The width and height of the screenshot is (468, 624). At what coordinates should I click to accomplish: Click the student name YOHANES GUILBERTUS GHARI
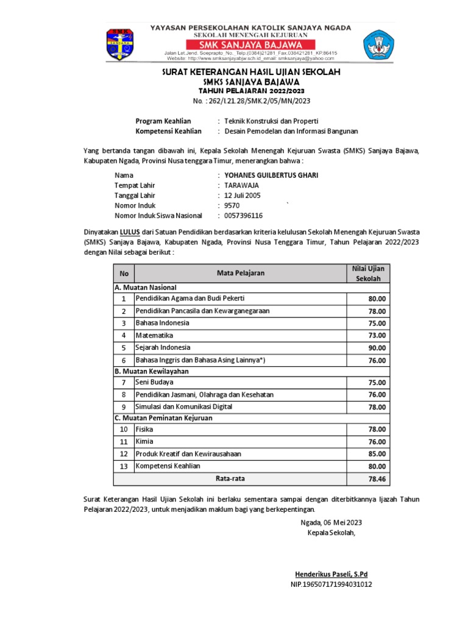point(271,175)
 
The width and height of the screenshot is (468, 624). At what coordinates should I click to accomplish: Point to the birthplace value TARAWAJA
point(242,185)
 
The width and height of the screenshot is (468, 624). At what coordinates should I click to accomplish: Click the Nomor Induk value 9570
point(232,206)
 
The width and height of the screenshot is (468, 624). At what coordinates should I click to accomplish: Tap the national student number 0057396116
point(244,216)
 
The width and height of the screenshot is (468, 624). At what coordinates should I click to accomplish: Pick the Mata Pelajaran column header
point(241,273)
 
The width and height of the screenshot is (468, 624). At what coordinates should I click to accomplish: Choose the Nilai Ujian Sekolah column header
point(367,273)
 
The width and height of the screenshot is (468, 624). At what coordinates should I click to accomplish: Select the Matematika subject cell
point(154,335)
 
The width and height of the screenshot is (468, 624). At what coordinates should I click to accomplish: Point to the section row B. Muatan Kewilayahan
point(151,370)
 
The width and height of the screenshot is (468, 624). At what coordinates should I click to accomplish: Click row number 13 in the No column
point(123,466)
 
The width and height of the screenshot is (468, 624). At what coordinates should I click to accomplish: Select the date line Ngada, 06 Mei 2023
point(331,522)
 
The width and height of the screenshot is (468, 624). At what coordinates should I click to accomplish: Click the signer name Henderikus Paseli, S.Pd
point(331,574)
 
